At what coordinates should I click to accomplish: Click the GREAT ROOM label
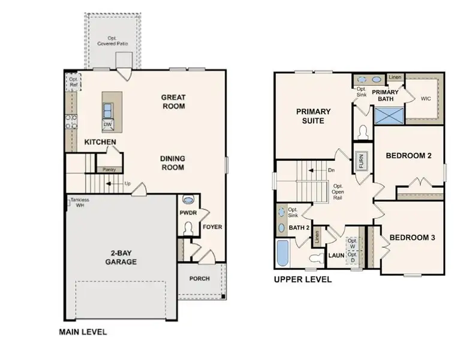point(173,102)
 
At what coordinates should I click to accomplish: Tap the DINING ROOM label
point(172,163)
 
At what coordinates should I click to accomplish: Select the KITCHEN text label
point(100,142)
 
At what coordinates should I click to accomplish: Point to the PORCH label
point(200,278)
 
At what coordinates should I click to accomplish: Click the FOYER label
point(212,227)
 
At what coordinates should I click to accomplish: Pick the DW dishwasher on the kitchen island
point(108,124)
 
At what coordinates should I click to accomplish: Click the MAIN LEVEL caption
point(83,331)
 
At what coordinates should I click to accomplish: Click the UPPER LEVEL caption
point(302,280)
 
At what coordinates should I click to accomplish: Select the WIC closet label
point(426,98)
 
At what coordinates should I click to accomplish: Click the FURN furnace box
point(362,162)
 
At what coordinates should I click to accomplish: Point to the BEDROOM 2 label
point(408,155)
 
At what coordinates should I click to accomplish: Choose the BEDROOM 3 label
point(412,238)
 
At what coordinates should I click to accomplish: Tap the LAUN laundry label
point(335,255)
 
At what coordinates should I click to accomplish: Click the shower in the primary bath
point(388,114)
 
